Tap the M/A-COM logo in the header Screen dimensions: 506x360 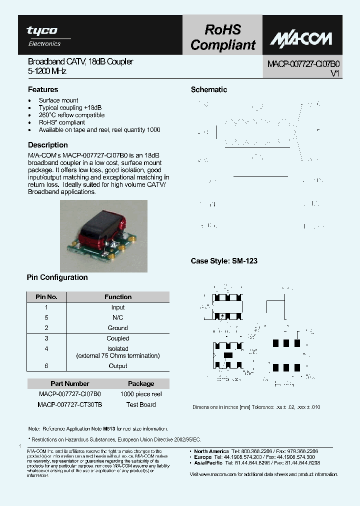[300, 38]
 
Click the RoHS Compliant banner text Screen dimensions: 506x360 [222, 37]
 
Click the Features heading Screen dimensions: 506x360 [43, 89]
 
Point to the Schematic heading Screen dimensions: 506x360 [209, 89]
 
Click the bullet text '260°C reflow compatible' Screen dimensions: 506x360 [71, 115]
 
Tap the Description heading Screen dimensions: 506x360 [48, 145]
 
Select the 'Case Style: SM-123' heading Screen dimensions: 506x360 [224, 261]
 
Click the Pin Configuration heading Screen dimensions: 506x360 [57, 277]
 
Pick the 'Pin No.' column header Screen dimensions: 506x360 [46, 296]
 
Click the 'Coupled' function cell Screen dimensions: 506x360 [118, 338]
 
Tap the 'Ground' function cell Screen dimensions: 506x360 [118, 328]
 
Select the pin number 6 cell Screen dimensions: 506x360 [46, 366]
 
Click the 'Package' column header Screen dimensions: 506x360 [141, 383]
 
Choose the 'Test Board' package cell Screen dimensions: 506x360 [141, 404]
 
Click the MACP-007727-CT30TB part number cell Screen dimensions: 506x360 [70, 404]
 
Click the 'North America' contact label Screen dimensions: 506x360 [211, 451]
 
